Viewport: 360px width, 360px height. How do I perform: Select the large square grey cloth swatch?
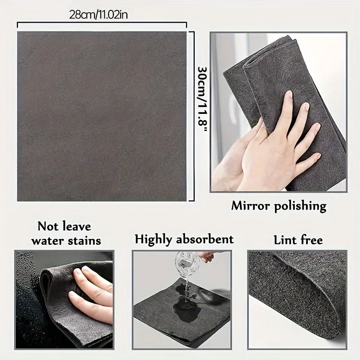(101, 116)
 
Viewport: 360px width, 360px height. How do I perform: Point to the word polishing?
(301, 207)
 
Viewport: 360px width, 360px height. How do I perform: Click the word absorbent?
(207, 238)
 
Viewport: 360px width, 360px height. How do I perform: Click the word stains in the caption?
(83, 240)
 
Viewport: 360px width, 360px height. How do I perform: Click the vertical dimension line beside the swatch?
(193, 116)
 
